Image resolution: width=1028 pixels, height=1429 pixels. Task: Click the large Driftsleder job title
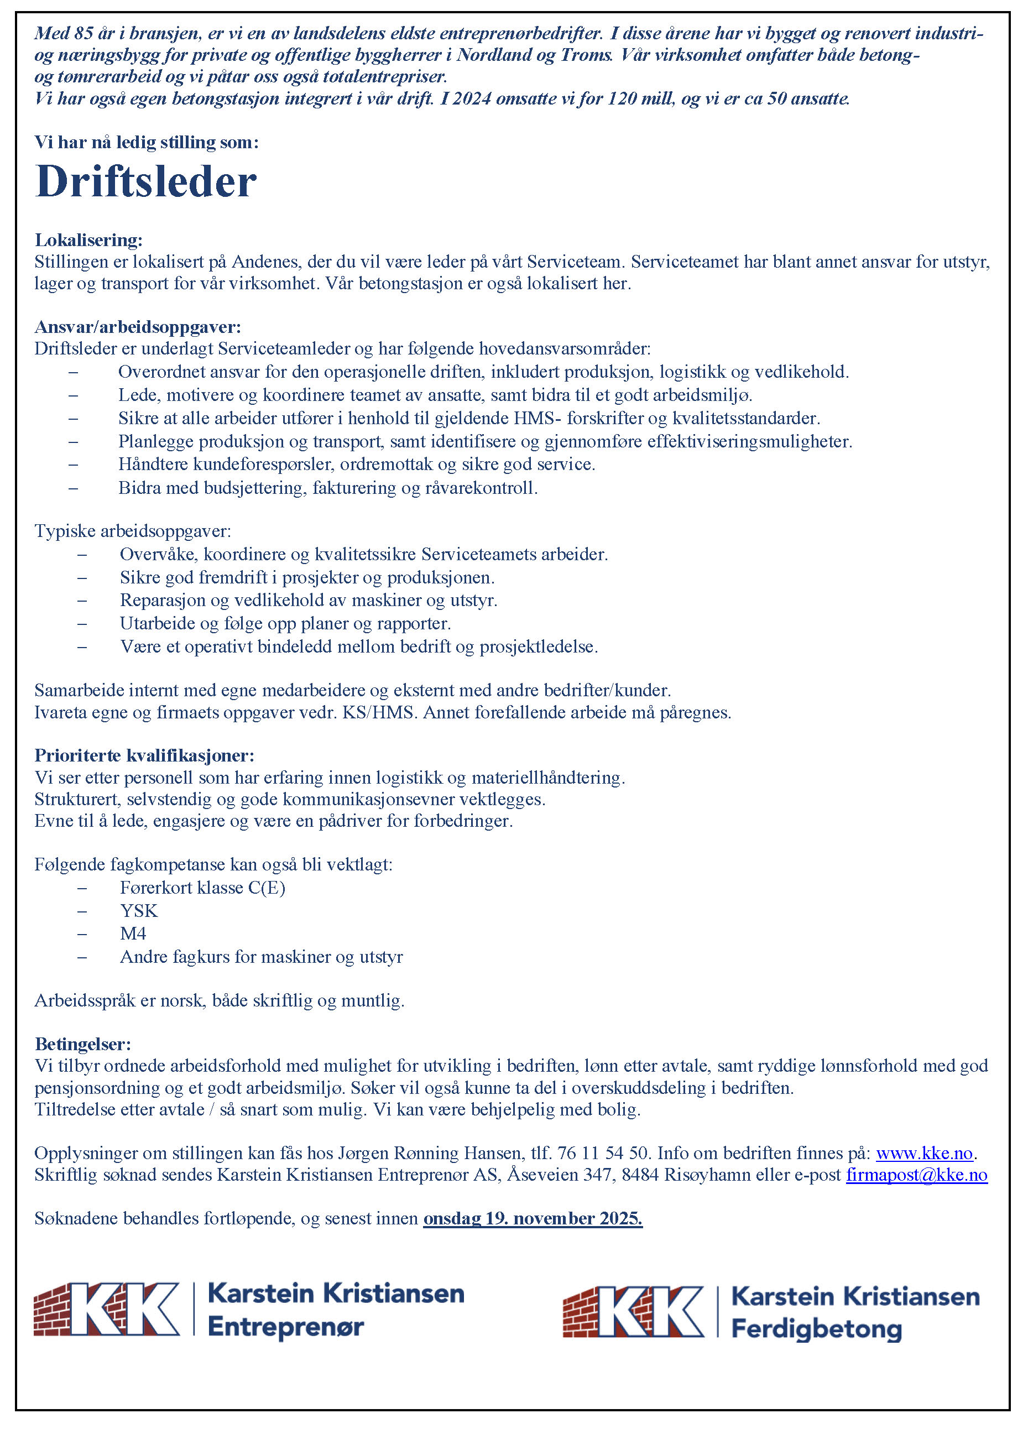coord(145,182)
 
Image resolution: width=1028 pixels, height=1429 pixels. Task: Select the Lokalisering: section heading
coord(89,240)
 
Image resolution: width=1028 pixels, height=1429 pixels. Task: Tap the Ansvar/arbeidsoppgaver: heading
coord(137,327)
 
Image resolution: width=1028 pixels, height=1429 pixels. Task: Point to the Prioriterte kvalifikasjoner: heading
coord(144,755)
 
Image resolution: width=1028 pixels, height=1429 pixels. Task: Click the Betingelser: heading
coord(82,1044)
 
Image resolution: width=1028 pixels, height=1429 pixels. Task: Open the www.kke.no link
coord(924,1153)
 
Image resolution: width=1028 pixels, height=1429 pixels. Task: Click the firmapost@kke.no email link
coord(916,1175)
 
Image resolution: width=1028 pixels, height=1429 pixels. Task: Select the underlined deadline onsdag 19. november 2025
coord(533,1218)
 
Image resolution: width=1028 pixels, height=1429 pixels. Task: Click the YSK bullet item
coord(139,910)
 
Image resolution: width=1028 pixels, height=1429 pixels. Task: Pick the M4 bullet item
coord(133,933)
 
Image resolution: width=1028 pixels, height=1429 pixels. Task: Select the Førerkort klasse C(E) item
coord(202,888)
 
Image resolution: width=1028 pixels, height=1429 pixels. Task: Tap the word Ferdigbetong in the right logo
coord(816,1329)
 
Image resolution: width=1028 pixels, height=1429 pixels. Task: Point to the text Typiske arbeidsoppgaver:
coord(132,531)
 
